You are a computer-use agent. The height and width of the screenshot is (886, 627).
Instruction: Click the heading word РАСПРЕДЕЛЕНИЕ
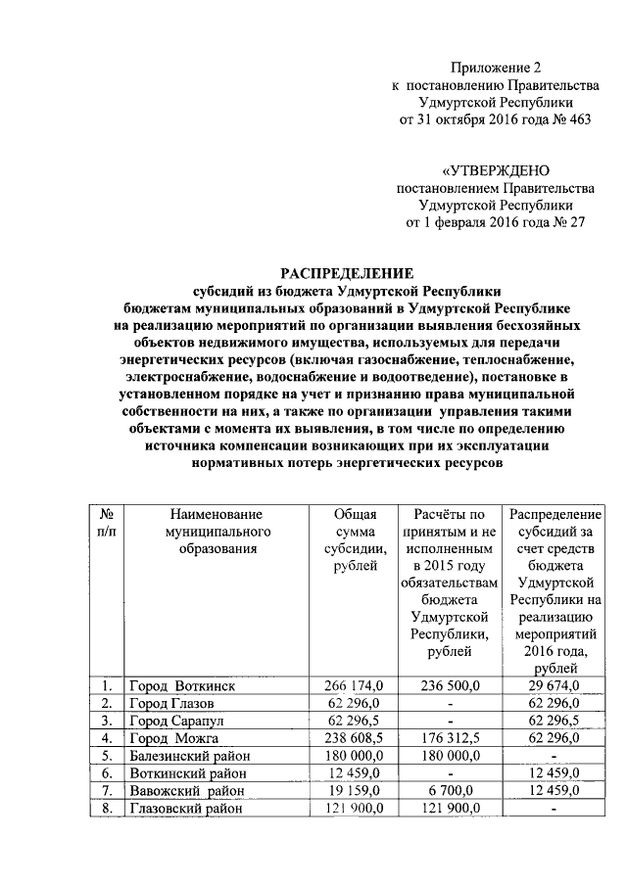tap(348, 272)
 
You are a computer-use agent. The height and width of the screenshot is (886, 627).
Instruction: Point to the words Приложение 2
tap(495, 68)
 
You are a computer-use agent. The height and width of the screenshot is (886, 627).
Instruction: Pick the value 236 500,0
tap(451, 685)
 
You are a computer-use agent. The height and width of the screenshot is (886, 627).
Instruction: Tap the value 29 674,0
tap(555, 685)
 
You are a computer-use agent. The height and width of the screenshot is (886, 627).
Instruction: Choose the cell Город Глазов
tap(175, 703)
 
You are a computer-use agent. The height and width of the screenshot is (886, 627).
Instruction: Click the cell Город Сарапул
tap(179, 721)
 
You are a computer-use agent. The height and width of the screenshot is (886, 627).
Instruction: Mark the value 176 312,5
tap(451, 738)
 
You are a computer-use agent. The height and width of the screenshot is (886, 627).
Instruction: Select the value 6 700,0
tap(451, 791)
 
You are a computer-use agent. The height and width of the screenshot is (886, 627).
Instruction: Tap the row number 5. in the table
tap(106, 756)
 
